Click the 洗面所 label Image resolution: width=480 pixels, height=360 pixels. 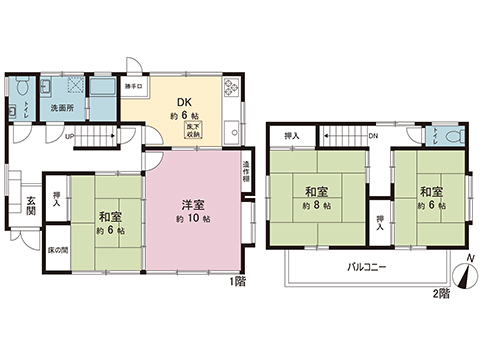[x=52, y=107]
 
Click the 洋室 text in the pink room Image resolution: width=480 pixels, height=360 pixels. [x=194, y=204]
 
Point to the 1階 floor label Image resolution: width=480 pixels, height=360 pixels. [x=236, y=283]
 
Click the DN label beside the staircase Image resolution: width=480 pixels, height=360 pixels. [x=372, y=136]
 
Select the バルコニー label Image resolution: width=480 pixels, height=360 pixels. [x=367, y=267]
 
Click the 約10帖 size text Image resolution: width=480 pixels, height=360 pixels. [x=194, y=219]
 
